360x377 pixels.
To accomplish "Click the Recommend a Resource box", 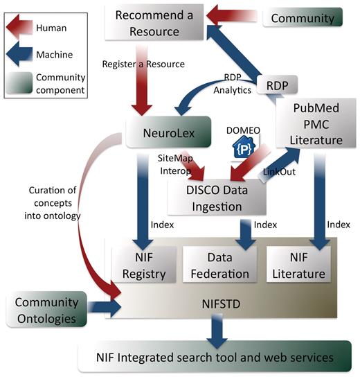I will click(147, 24).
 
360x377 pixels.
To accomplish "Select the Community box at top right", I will click(303, 17).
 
